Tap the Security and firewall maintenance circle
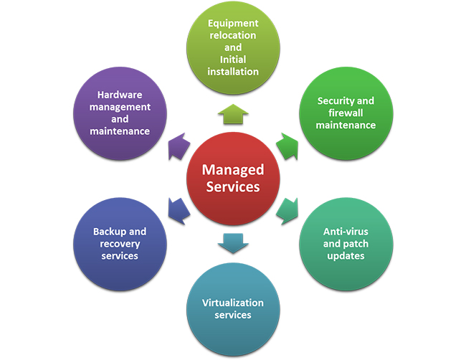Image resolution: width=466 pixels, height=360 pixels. (346, 113)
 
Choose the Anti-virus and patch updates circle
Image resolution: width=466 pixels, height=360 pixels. (346, 244)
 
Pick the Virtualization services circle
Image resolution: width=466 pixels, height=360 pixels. (233, 308)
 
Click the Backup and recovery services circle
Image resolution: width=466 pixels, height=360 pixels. (120, 244)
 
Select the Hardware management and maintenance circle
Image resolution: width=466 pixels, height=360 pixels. (120, 113)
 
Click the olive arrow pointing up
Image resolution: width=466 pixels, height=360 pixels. (233, 113)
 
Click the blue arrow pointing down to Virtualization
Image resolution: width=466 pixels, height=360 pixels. (233, 244)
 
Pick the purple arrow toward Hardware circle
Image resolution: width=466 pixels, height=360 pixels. (177, 146)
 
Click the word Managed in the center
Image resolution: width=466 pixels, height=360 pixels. (233, 170)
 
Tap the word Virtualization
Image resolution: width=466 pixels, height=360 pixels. (233, 303)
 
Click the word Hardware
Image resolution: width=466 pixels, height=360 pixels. (120, 95)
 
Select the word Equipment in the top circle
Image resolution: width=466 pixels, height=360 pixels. (233, 23)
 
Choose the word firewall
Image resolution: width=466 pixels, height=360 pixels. (346, 113)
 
